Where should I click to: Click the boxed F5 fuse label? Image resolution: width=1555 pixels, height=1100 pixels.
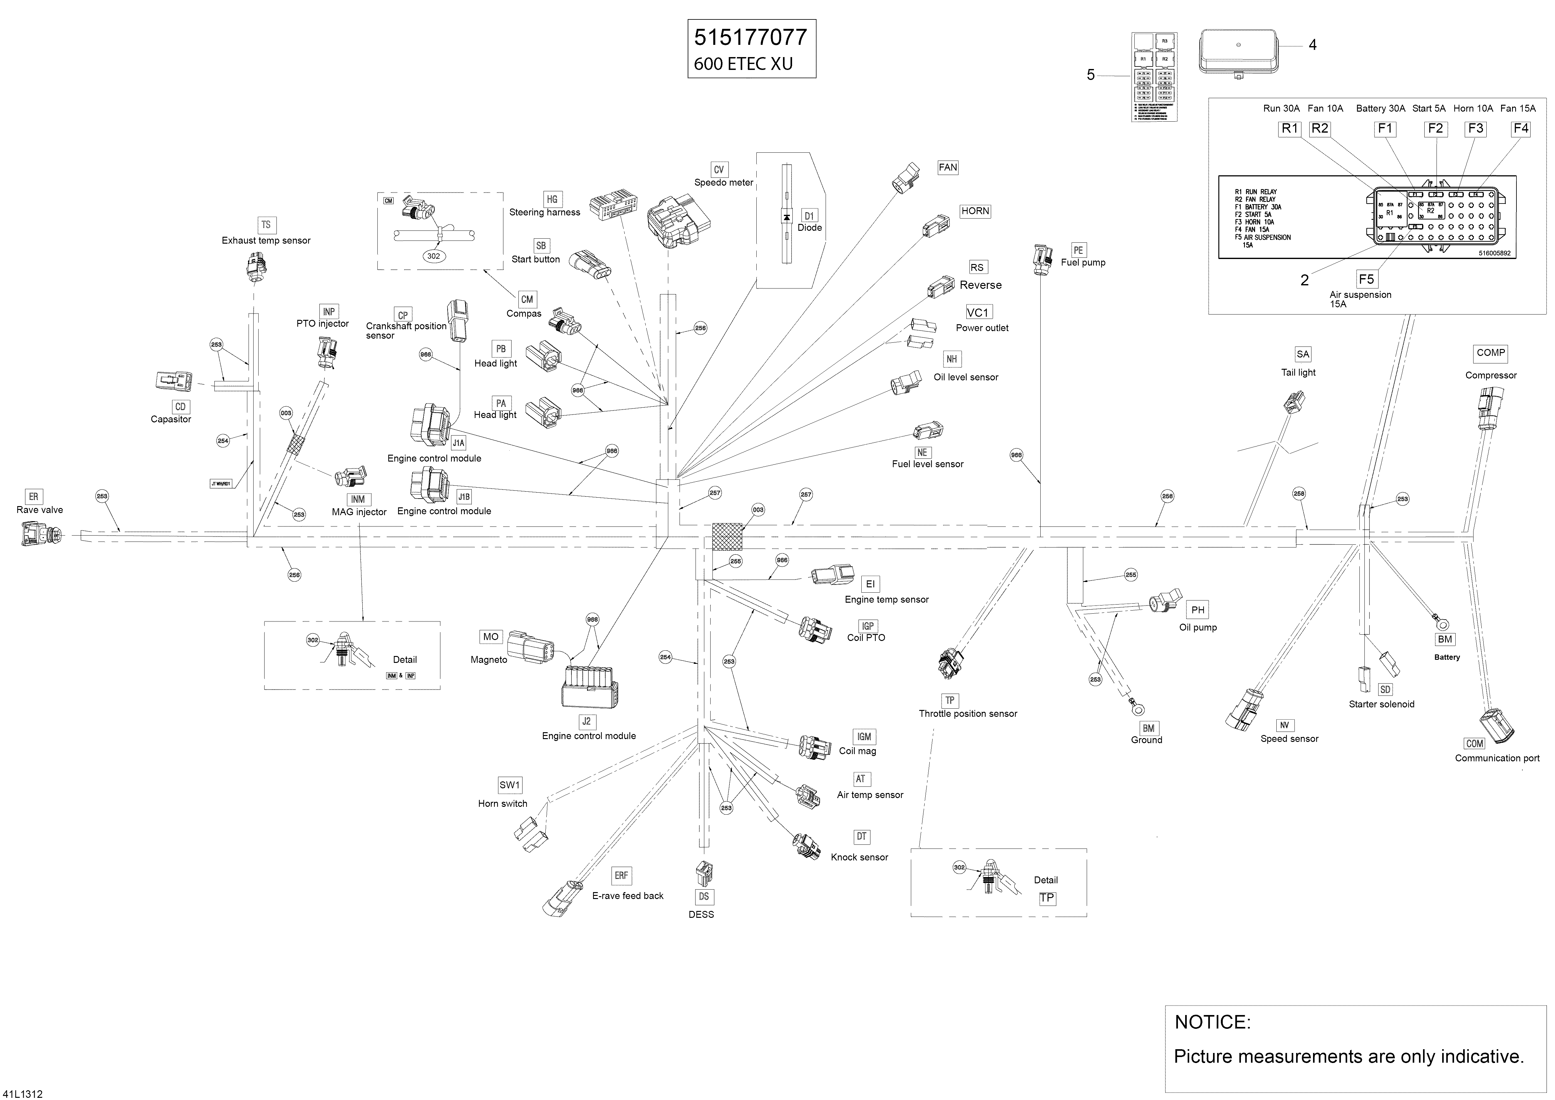[1366, 279]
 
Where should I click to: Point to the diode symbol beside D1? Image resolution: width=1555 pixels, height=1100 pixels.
[786, 217]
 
